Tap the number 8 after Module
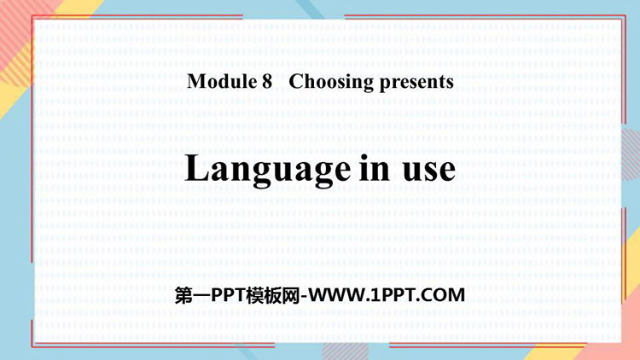[x=267, y=82]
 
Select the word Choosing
[x=331, y=83]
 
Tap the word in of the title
[x=375, y=168]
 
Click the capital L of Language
[x=198, y=168]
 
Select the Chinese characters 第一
[x=193, y=295]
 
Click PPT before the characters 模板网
[x=228, y=295]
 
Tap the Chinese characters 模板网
[x=273, y=295]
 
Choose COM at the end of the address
[x=445, y=295]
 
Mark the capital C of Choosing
[x=296, y=82]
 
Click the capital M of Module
[x=197, y=81]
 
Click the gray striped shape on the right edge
[x=631, y=154]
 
